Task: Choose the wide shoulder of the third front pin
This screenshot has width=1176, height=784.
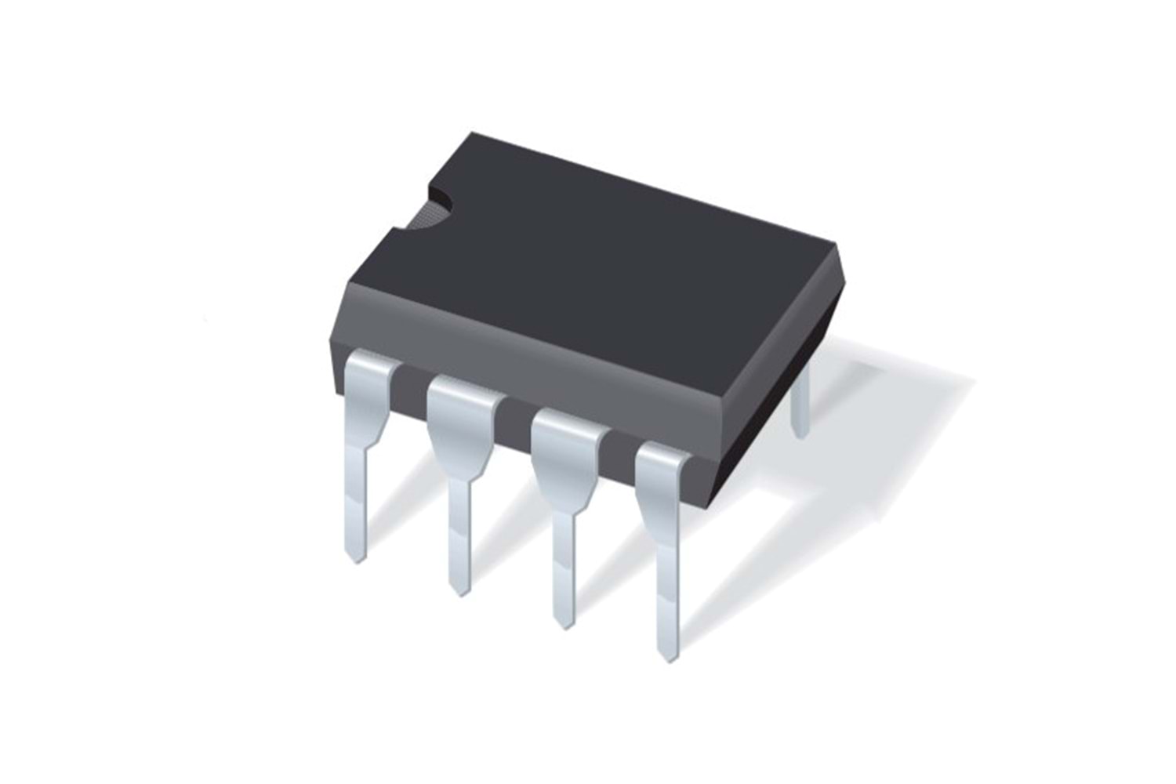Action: tap(566, 455)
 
